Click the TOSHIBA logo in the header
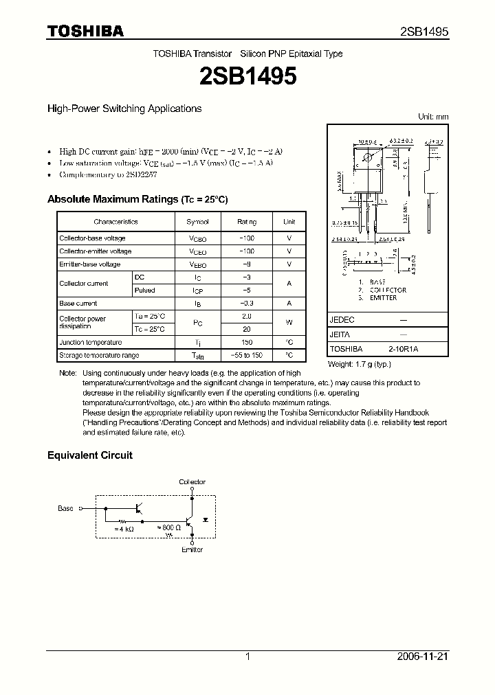coord(85,32)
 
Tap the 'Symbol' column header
coord(197,222)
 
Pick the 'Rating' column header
coord(247,222)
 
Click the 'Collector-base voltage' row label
coord(92,238)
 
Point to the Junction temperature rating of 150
coord(247,342)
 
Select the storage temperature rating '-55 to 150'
coord(247,355)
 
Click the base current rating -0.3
coord(247,303)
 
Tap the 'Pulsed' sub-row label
coord(144,290)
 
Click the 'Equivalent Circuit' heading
coord(89,455)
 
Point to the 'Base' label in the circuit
coord(65,509)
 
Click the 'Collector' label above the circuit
coord(192,482)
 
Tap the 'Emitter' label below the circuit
coord(192,549)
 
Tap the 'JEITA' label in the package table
coord(339,334)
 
